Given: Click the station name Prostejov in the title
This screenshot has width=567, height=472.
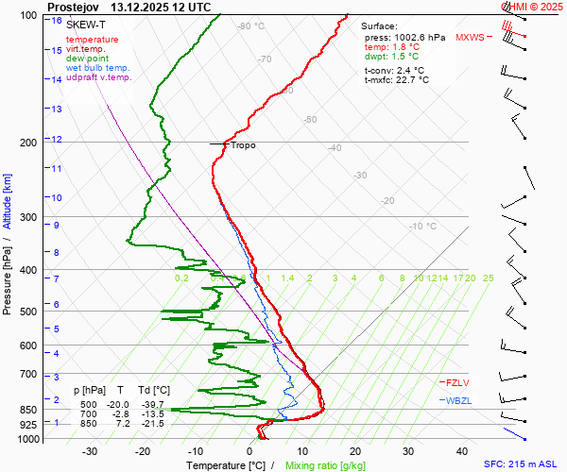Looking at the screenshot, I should (73, 6).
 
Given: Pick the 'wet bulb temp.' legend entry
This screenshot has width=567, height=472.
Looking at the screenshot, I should (97, 68).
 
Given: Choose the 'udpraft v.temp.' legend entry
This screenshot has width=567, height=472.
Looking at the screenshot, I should (98, 77).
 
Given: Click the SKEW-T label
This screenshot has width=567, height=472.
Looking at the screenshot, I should (86, 25).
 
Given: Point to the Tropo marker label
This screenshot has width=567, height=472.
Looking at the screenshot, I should (243, 145).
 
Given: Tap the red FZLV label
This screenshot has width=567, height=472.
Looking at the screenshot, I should (457, 382).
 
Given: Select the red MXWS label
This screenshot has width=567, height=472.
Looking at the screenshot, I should (469, 38).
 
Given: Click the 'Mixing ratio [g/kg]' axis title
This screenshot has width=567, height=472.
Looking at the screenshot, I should (326, 465).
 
